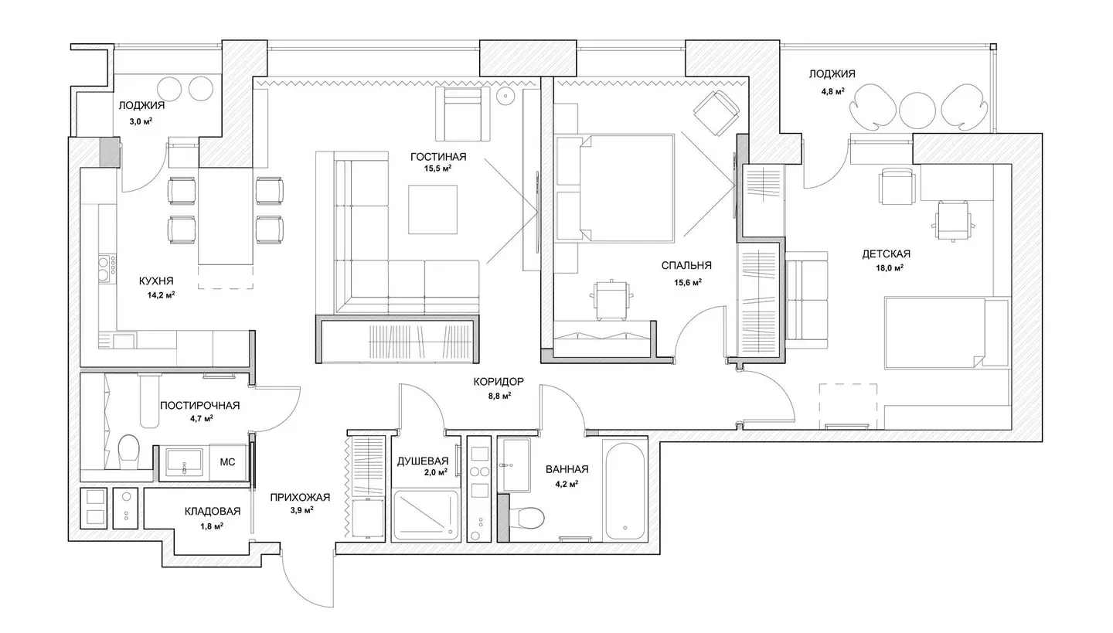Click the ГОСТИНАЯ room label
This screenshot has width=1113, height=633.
click(438, 157)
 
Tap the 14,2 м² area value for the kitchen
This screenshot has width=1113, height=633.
click(161, 294)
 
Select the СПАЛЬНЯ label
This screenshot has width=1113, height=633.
click(686, 265)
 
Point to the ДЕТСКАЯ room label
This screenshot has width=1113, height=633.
click(886, 254)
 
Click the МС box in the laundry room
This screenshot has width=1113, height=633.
click(227, 462)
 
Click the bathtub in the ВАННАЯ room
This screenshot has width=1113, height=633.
click(625, 490)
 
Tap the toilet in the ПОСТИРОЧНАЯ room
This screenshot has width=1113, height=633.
click(128, 451)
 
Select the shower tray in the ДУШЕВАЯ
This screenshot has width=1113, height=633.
click(427, 516)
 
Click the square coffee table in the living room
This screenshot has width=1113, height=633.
click(433, 209)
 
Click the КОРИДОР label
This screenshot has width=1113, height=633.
click(499, 382)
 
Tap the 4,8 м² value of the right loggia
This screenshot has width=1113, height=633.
click(833, 91)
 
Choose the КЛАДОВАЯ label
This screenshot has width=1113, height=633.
click(212, 512)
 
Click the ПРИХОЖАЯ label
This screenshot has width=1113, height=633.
click(300, 498)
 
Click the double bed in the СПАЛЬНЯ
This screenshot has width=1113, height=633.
click(614, 188)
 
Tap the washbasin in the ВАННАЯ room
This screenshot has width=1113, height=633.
click(514, 465)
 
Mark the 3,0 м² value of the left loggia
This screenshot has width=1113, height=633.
click(141, 121)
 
